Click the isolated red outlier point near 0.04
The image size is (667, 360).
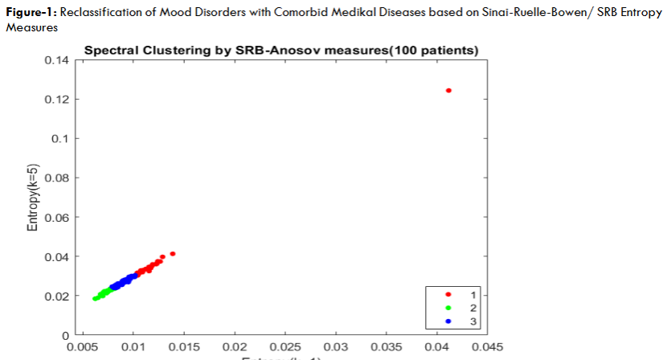point(448,90)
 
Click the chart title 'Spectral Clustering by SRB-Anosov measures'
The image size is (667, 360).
point(281,51)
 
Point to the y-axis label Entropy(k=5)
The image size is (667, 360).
point(33,198)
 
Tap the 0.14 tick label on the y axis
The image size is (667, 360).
point(58,60)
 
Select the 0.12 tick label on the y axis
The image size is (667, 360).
point(58,100)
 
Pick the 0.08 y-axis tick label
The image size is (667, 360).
point(58,178)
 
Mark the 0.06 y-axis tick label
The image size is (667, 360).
point(58,217)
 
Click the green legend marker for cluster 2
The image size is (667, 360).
point(447,308)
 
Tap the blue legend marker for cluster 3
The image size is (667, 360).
point(447,320)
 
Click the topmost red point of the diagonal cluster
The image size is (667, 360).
point(173,254)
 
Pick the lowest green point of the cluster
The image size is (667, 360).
point(95,299)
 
